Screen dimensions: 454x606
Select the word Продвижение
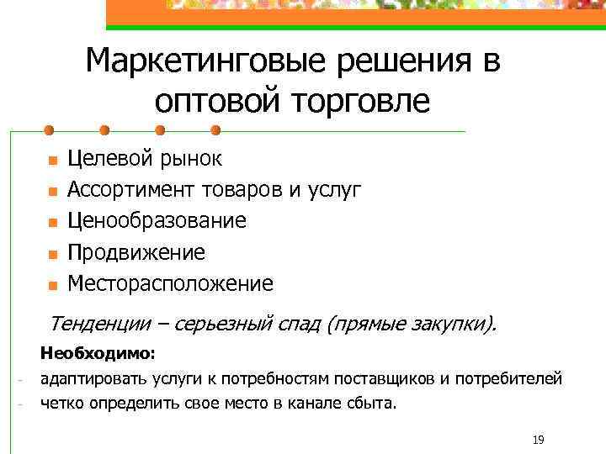click(x=136, y=252)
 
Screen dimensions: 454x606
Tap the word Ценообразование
click(x=157, y=220)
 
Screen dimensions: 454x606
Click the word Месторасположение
click(x=170, y=283)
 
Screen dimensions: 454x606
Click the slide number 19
click(x=540, y=440)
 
